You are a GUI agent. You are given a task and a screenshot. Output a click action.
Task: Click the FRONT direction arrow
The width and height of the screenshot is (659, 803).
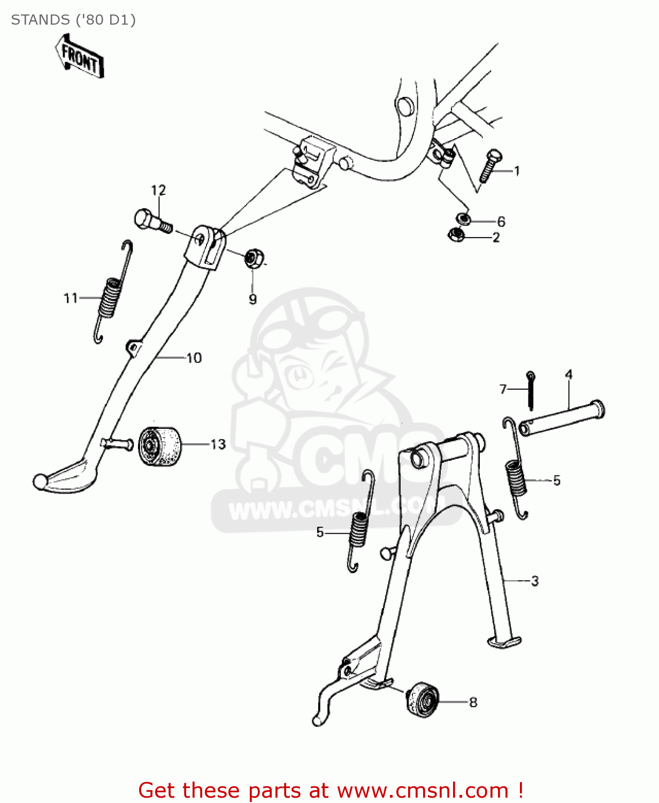point(79,56)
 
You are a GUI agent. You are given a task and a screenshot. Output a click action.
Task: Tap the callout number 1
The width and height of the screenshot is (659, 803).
point(517,171)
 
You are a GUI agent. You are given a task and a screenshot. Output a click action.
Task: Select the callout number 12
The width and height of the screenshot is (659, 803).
point(158,190)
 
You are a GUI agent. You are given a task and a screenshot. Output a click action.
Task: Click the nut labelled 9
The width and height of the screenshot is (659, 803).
point(252,259)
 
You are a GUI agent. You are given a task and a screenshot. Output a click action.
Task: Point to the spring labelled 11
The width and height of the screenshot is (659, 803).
point(111,292)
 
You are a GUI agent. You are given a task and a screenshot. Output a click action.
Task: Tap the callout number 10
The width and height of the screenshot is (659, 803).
point(194,358)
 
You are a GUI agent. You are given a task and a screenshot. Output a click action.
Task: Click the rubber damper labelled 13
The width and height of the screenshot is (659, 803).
point(159,446)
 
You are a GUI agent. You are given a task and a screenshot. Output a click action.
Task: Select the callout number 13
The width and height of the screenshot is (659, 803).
point(218,444)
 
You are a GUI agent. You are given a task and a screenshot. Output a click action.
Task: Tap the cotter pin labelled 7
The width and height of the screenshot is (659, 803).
point(530,389)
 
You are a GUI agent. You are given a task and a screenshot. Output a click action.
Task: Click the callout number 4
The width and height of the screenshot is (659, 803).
point(569,374)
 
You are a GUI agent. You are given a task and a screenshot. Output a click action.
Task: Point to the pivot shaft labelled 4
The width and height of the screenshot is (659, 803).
point(562,419)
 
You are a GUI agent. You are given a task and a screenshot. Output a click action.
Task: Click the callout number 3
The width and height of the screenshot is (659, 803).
point(534,581)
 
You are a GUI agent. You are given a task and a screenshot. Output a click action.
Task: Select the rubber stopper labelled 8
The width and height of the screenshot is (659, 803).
point(423,700)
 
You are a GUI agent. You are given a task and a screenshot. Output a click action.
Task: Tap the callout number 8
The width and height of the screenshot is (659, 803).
point(473,702)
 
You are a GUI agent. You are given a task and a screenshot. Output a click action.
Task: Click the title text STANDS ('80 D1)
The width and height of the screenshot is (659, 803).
point(73,20)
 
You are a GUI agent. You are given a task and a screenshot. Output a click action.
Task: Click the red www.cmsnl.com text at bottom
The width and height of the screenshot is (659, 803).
point(422,790)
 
